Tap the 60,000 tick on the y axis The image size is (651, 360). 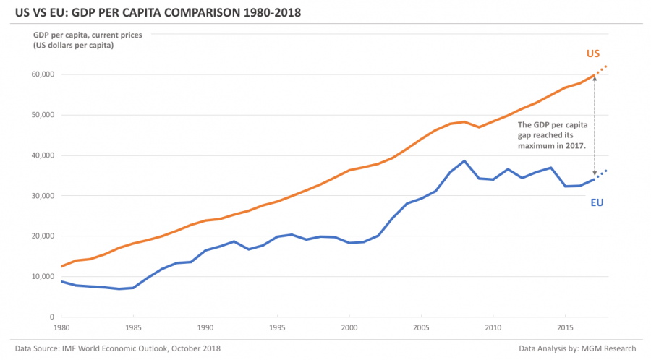click(x=41, y=74)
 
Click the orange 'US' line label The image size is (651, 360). click(x=592, y=53)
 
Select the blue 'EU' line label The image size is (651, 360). click(x=597, y=202)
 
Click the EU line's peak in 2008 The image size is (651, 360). click(x=464, y=160)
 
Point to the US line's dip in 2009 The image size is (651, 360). click(x=479, y=127)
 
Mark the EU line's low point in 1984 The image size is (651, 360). click(x=119, y=288)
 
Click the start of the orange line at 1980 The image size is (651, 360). click(x=62, y=267)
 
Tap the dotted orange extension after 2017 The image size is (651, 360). click(x=601, y=70)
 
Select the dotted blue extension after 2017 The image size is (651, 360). click(x=601, y=173)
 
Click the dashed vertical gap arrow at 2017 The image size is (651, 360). click(x=595, y=127)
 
